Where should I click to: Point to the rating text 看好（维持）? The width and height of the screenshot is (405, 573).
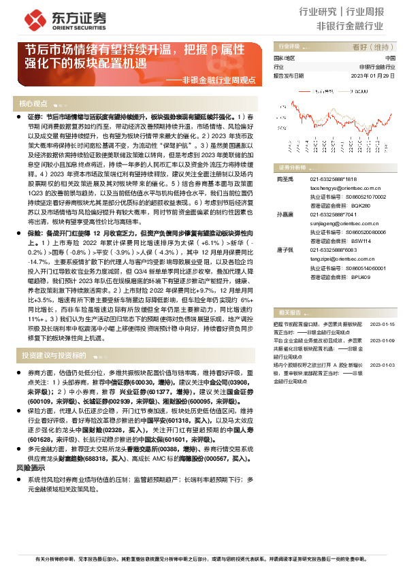(x=373, y=47)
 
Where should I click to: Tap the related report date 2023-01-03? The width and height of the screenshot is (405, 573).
(x=383, y=365)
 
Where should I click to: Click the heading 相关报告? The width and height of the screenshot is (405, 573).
(x=290, y=312)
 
